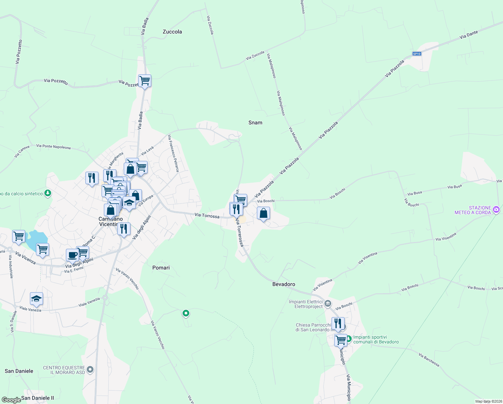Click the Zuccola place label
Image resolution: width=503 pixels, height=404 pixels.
click(172, 32)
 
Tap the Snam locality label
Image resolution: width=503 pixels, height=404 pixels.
click(255, 123)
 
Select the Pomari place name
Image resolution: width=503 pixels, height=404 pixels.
click(161, 268)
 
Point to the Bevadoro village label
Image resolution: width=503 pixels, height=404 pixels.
click(284, 284)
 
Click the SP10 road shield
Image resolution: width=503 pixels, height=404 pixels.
click(417, 54)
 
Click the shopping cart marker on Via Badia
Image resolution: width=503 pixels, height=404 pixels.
click(145, 81)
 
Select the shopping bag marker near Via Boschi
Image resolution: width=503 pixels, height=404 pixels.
click(264, 213)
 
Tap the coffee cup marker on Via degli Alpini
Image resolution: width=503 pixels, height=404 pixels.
click(72, 255)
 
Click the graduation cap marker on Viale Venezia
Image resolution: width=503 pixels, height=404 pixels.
click(36, 299)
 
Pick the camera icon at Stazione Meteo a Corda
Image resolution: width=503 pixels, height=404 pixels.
click(496, 210)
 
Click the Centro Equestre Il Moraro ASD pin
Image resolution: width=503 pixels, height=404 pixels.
click(90, 370)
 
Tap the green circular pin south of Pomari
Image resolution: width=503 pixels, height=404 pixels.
click(186, 313)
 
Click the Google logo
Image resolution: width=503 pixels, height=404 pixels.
click(11, 400)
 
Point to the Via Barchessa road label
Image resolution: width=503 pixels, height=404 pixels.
click(429, 360)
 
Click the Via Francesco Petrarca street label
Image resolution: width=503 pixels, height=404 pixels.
click(173, 153)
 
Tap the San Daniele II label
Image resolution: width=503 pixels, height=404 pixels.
click(37, 398)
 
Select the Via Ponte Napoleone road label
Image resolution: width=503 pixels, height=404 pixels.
click(53, 146)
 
